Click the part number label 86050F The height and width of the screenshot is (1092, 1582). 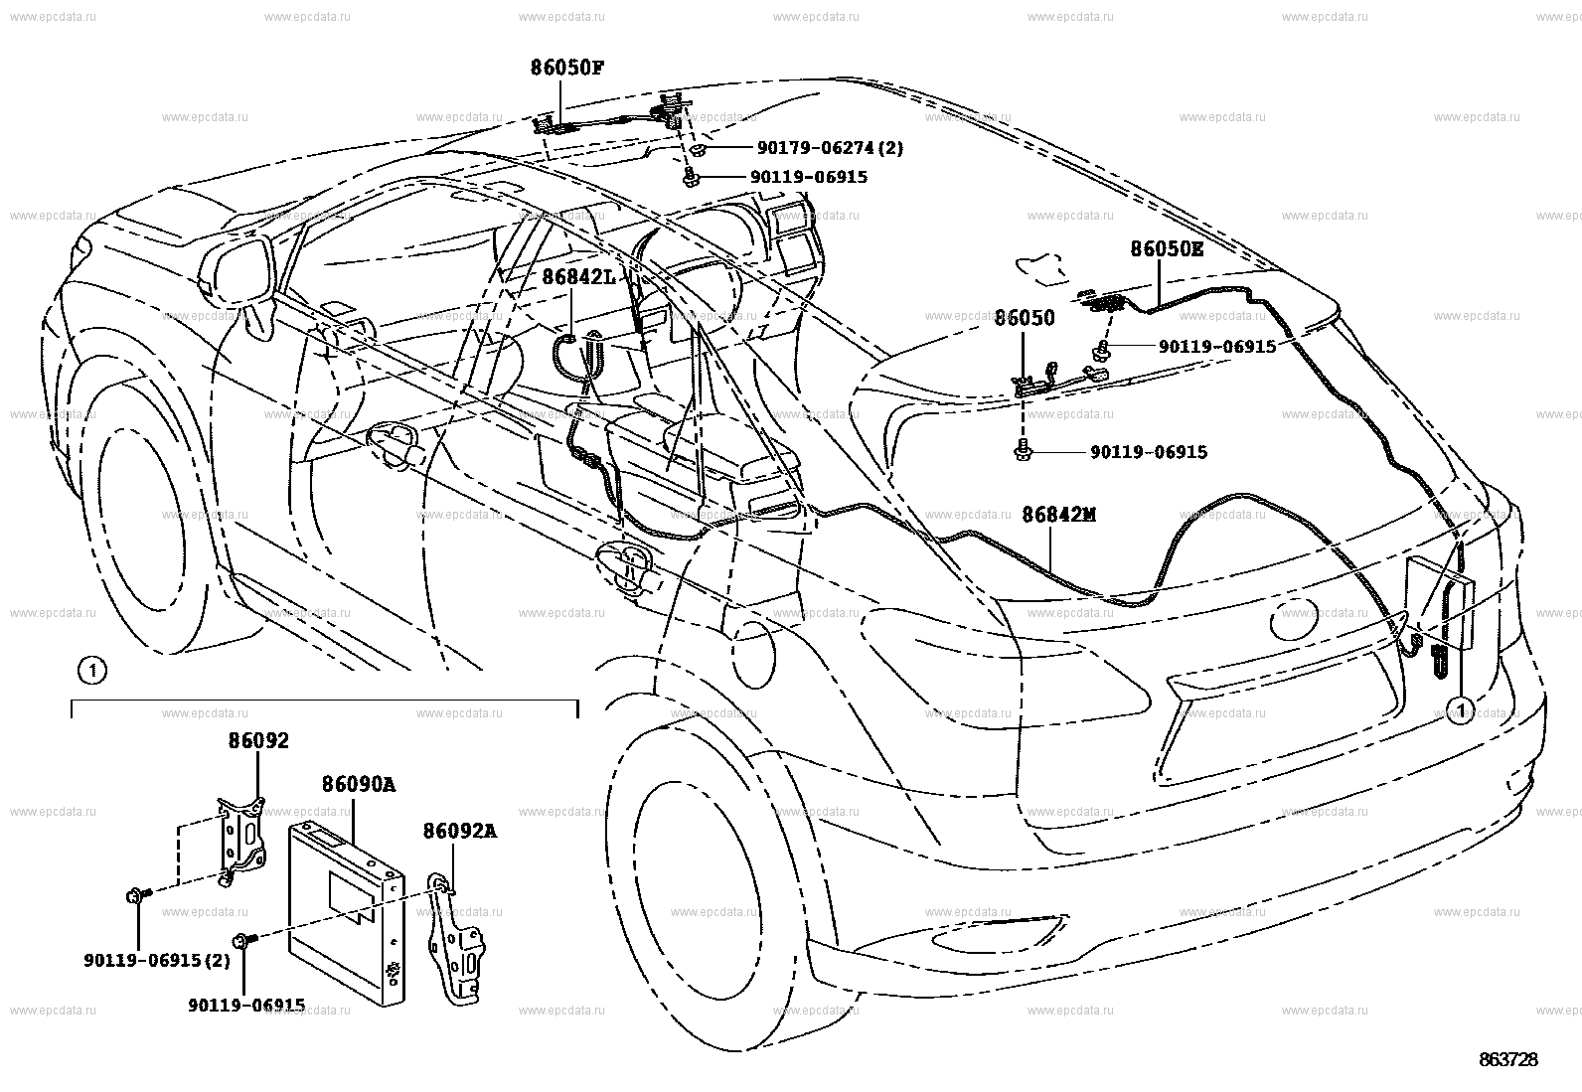tap(566, 69)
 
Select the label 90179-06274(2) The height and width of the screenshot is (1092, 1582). tap(830, 148)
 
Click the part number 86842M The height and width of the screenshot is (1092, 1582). tap(1058, 515)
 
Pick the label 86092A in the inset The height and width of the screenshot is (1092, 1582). tap(459, 831)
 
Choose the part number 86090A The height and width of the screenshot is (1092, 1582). tap(358, 785)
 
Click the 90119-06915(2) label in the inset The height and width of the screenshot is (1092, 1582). tap(157, 961)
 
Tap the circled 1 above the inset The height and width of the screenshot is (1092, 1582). tap(91, 672)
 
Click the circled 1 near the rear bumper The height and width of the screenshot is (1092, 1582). tap(1459, 708)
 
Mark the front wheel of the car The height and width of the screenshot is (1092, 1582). tap(149, 527)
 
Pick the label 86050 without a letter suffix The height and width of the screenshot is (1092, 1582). tap(1025, 318)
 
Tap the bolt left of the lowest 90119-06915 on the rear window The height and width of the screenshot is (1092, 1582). tap(1023, 452)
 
